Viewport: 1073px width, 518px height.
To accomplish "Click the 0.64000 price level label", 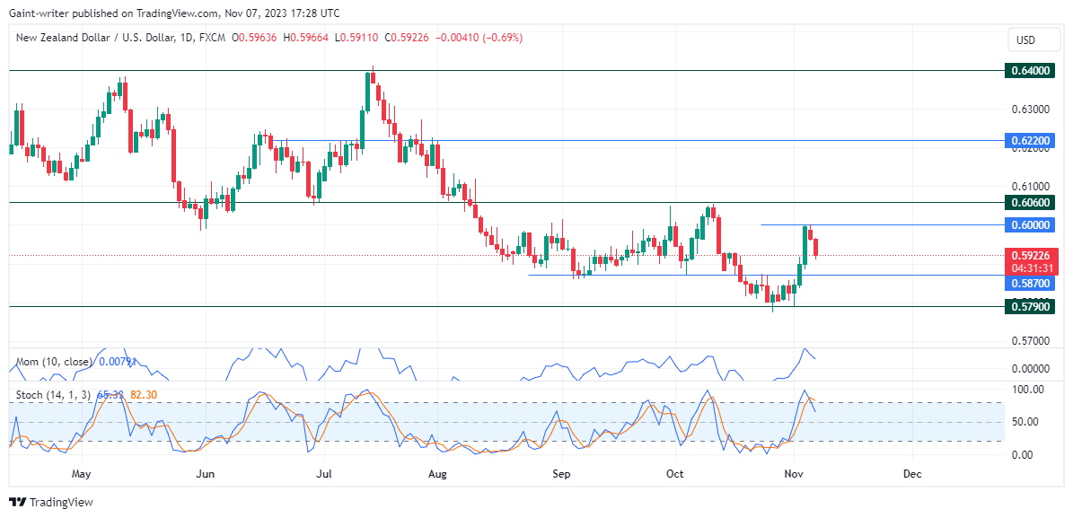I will coord(1028,70).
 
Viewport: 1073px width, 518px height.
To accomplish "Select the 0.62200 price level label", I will coord(1028,141).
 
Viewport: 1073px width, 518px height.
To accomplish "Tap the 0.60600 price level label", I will coord(1028,203).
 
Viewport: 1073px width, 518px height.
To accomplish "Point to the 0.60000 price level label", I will coord(1028,224).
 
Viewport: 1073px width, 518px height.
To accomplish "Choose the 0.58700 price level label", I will coord(1028,284).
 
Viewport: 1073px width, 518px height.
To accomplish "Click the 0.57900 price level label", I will coord(1028,307).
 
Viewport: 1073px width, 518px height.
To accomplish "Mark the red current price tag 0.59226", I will coord(1028,255).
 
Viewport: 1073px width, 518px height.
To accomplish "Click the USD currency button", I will coord(1025,40).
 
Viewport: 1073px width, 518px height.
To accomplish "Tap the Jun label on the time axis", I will coord(206,473).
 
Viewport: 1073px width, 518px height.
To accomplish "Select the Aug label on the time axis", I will coord(437,473).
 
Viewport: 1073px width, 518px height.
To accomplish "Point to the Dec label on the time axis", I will coord(911,473).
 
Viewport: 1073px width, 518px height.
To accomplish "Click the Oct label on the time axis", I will coord(675,473).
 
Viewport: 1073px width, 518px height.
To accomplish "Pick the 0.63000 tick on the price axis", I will coord(1030,110).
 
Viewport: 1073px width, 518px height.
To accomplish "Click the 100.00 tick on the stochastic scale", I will coord(1027,390).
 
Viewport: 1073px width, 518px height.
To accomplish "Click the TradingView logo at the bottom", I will coord(51,502).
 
